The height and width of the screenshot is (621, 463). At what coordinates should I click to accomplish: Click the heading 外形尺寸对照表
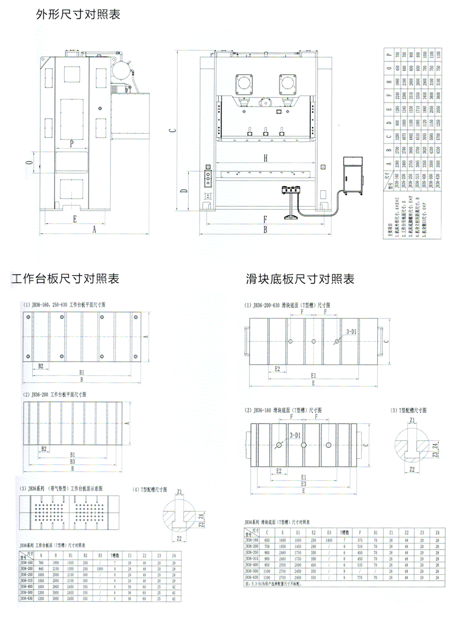click(78, 14)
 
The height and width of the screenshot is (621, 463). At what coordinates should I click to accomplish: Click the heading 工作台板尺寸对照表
click(65, 279)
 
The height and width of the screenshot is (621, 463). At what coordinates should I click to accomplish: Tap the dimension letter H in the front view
click(264, 158)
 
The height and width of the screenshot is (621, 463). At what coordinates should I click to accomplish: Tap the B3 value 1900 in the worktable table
click(100, 569)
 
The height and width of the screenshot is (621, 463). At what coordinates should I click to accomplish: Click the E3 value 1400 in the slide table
click(329, 540)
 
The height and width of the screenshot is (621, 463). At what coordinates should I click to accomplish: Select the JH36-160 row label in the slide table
click(252, 540)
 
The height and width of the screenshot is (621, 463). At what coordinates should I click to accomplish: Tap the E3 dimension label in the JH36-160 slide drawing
click(303, 483)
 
